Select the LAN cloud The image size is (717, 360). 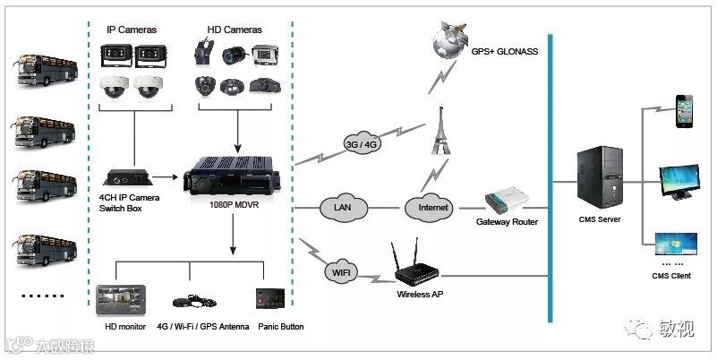pos(342,208)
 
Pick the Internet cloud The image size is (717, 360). pos(432,208)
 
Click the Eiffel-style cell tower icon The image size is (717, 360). pos(440,130)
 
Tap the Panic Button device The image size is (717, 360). pos(269,300)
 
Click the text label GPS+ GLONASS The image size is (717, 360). pos(503,52)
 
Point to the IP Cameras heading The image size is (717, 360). pos(132,30)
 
